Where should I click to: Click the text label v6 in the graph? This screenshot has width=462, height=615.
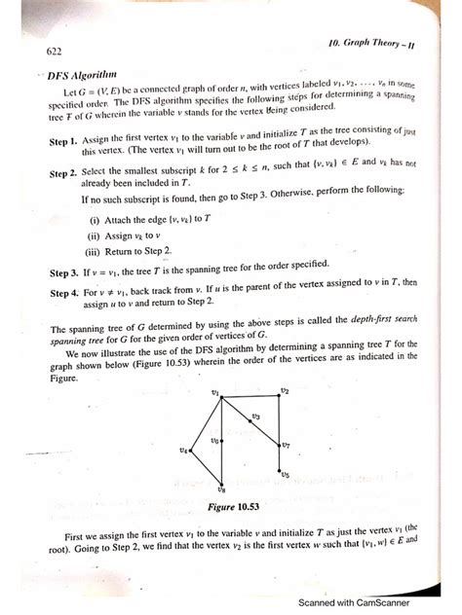pyautogui.click(x=214, y=441)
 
